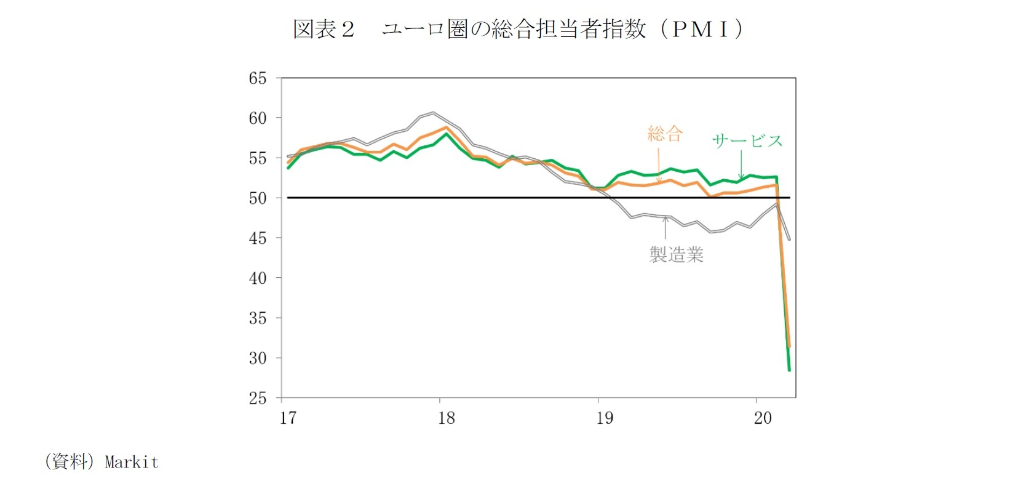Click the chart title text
point(518,29)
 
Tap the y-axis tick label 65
point(258,78)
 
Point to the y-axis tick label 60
point(258,118)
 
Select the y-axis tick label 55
point(258,158)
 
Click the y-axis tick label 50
point(258,198)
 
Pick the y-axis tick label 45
point(258,238)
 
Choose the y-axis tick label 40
point(258,278)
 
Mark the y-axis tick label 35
point(258,318)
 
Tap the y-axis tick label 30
point(258,358)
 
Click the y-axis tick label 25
point(258,398)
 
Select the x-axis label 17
point(288,418)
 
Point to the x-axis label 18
point(447,418)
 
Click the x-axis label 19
point(605,418)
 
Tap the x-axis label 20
point(763,418)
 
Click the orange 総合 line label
point(665,134)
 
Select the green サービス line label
point(747,141)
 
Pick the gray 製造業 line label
point(677,254)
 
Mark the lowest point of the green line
point(789,370)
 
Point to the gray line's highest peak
point(433,113)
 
